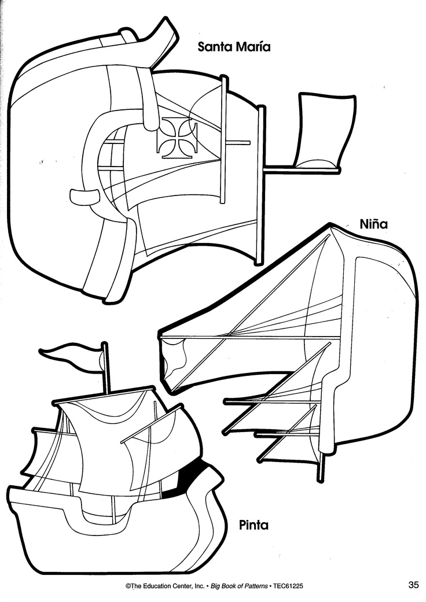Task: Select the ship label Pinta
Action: [254, 525]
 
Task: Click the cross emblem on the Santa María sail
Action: [178, 136]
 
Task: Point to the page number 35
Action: [413, 585]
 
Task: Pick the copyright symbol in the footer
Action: [128, 586]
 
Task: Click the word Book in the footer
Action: [227, 586]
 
